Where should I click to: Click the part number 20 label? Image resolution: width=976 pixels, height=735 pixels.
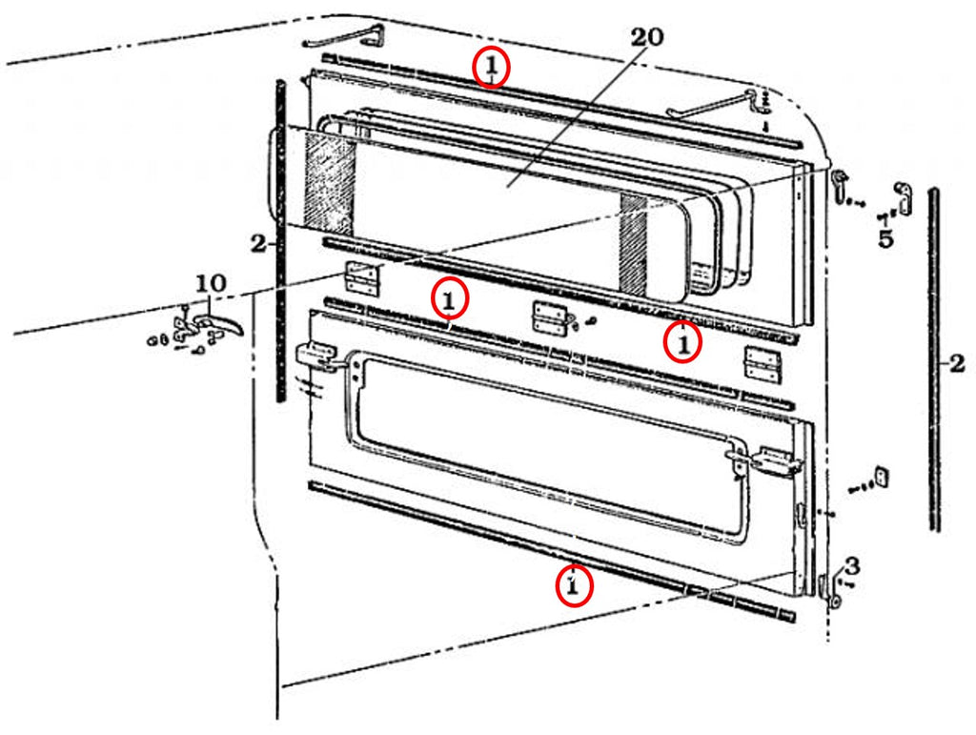pos(647,37)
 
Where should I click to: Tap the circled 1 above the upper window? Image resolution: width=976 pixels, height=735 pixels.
pos(491,68)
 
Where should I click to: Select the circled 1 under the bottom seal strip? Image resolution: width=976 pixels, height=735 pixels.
pos(574,586)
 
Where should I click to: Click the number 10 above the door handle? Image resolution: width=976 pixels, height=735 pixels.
pos(211,283)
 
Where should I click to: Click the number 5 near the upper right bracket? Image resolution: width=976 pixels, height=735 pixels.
pos(886,238)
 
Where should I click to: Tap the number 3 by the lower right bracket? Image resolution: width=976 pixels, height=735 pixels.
pos(851,566)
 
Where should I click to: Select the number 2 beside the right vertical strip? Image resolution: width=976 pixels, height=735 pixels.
pos(956,362)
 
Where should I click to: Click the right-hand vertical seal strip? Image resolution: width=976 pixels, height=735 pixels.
pos(934,357)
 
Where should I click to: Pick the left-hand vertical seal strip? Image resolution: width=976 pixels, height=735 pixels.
pos(280,238)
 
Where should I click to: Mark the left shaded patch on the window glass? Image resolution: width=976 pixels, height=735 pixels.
pos(330,185)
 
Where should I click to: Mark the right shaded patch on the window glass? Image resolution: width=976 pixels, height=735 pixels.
pos(634,243)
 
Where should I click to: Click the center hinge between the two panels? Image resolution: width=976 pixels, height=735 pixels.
pos(547,316)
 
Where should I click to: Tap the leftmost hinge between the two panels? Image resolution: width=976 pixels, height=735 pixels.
pos(361,277)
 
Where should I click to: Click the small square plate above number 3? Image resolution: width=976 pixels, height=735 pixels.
pos(881,476)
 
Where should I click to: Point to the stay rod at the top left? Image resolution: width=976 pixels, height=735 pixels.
pos(345,38)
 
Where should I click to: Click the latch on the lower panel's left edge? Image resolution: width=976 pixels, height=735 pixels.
pos(317,357)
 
